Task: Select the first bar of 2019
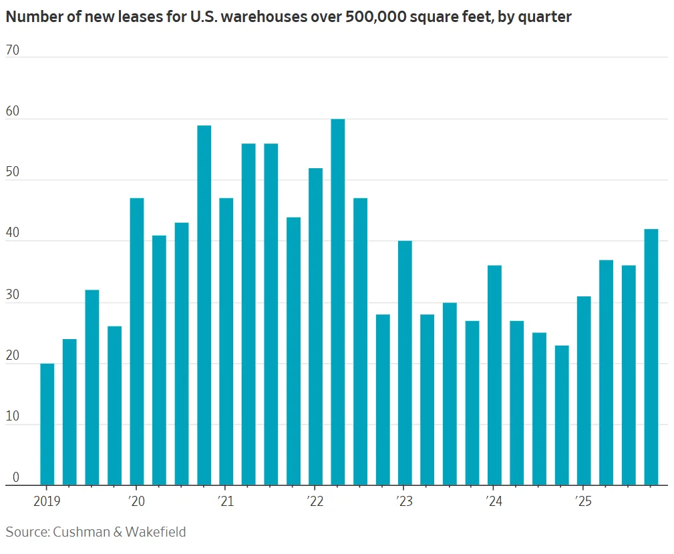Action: coord(47,424)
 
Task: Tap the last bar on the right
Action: coord(651,356)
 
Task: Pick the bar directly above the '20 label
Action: coord(136,341)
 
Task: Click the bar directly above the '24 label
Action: coord(494,374)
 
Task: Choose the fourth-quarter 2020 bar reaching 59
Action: coord(204,304)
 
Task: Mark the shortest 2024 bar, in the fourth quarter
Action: coord(561,414)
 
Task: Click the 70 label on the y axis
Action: coord(12,49)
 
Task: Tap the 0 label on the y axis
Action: coord(15,477)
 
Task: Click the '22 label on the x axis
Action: coord(315,502)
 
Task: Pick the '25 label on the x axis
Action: coord(583,502)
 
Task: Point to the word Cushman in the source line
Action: coord(81,532)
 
